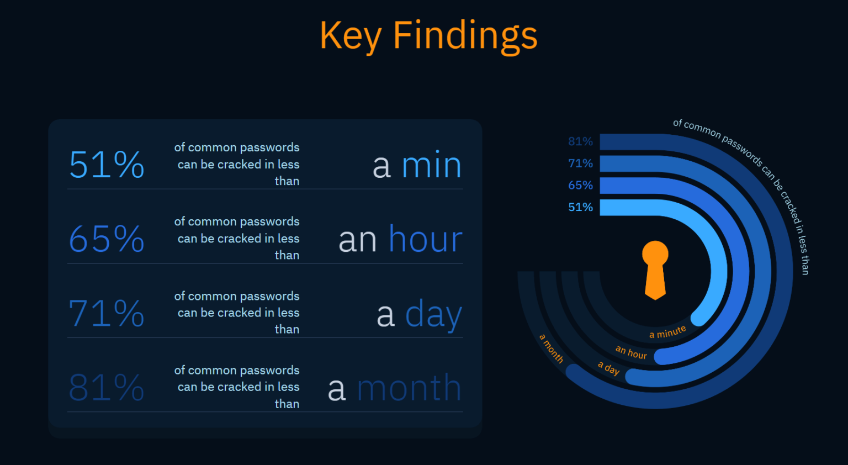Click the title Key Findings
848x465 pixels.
428,35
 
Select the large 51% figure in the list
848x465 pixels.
107,165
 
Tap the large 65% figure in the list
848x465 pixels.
107,239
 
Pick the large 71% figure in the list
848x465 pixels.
107,313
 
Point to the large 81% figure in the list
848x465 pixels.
107,388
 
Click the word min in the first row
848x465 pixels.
431,166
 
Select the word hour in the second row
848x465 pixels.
425,240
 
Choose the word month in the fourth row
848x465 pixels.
409,388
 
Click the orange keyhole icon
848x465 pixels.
655,270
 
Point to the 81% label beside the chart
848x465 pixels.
580,141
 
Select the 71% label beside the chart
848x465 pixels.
580,163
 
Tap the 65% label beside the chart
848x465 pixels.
580,186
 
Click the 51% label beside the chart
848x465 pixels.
580,207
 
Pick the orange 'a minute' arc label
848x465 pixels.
667,332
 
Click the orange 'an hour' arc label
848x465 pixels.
631,352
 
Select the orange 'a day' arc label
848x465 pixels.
609,368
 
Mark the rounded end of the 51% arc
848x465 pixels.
699,318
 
